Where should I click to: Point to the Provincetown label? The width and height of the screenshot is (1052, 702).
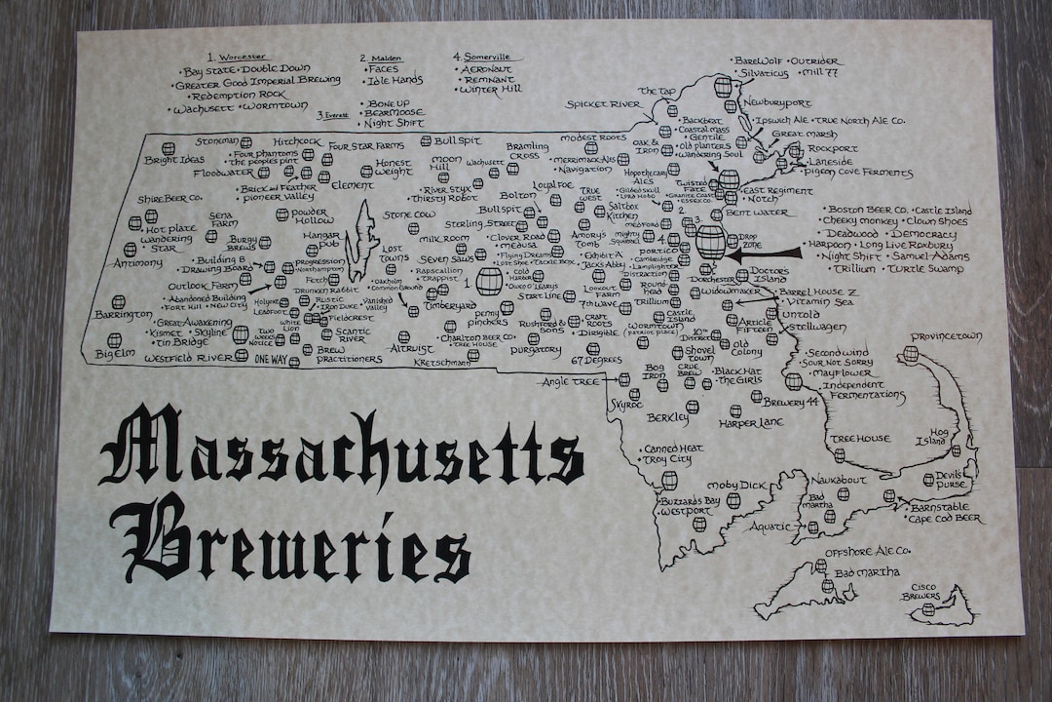click(x=946, y=336)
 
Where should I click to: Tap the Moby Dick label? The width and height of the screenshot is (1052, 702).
click(x=737, y=485)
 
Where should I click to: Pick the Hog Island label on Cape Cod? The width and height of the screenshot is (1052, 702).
click(x=938, y=436)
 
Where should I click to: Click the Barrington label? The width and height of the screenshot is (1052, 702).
click(x=124, y=314)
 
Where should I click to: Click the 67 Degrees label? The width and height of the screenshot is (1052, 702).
click(x=596, y=361)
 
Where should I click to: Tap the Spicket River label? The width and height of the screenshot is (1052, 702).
click(x=604, y=103)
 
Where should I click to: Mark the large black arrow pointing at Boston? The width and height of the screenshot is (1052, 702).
click(x=765, y=253)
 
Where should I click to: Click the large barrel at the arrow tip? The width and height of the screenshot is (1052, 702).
click(x=711, y=242)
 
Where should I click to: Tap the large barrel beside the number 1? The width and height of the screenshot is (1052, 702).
click(x=489, y=282)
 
